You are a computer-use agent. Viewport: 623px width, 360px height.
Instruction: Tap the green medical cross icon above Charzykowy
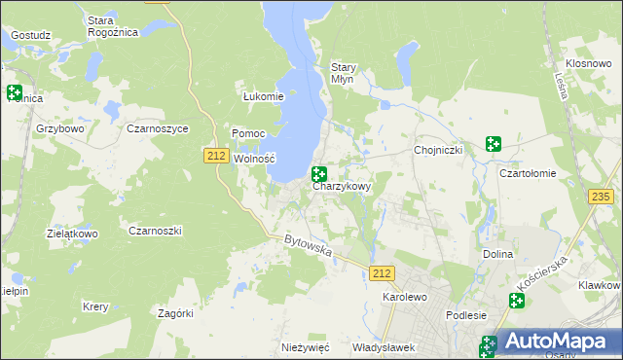[x=318, y=174]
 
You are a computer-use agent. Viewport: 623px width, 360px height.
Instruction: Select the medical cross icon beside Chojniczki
[x=494, y=144]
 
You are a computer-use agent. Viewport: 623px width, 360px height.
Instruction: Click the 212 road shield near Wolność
[x=216, y=155]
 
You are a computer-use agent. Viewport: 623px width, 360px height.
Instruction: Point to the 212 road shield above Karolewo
[x=383, y=274]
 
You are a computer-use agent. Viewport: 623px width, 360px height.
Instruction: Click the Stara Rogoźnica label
[x=113, y=25]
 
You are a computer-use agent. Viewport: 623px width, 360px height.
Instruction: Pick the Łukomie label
[x=263, y=96]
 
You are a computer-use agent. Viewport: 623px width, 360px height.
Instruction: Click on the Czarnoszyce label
[x=158, y=127]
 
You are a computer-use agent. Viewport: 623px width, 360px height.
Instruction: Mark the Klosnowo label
[x=587, y=61]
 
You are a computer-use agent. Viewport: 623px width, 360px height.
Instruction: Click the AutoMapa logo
[x=554, y=341]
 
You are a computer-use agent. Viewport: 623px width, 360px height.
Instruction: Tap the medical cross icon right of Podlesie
[x=515, y=301]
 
